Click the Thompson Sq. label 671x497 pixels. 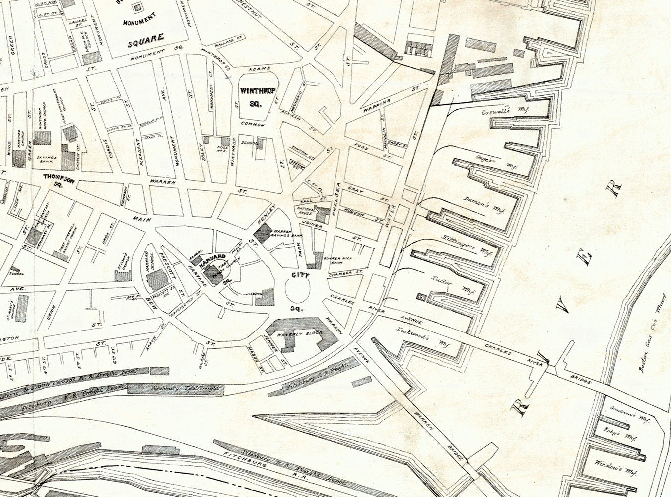[x=58, y=179]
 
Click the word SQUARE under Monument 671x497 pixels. [x=145, y=37]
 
